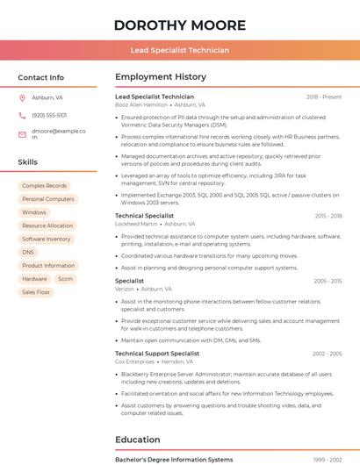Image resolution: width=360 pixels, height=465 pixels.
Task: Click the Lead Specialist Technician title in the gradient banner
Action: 179,50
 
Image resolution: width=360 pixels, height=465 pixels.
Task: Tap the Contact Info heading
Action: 40,77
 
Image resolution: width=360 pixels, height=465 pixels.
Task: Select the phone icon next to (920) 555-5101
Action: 22,115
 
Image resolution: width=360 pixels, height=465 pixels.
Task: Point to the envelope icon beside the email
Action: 22,134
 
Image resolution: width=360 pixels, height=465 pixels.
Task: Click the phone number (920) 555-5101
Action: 49,115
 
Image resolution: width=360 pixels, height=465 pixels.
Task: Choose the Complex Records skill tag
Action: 44,186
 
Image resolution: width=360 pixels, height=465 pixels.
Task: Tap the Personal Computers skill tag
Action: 47,199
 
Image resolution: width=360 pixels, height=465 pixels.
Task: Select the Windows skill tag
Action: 34,212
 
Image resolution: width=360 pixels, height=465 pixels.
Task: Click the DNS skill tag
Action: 28,252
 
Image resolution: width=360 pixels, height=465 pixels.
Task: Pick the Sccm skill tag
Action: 65,278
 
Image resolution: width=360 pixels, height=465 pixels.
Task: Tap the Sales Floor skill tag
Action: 36,292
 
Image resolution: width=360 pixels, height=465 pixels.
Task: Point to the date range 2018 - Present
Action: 324,97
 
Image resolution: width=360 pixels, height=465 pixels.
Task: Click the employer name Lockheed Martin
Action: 136,224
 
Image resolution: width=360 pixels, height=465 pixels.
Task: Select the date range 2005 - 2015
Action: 327,281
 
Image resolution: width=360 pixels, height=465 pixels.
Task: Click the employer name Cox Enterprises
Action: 134,361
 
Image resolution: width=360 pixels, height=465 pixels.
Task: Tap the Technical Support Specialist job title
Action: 157,354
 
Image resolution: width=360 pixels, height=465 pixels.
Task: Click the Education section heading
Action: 137,439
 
